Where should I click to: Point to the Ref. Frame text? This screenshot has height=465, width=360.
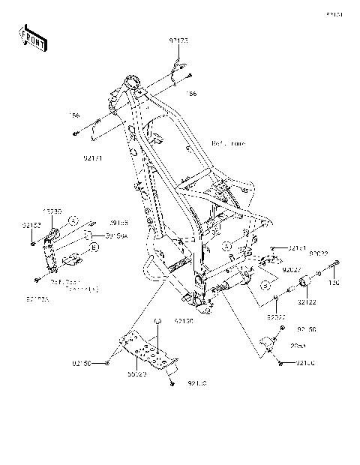coord(229,142)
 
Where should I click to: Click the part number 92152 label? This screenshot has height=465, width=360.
coord(29,224)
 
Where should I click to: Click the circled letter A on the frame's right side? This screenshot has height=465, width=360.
coord(226,245)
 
